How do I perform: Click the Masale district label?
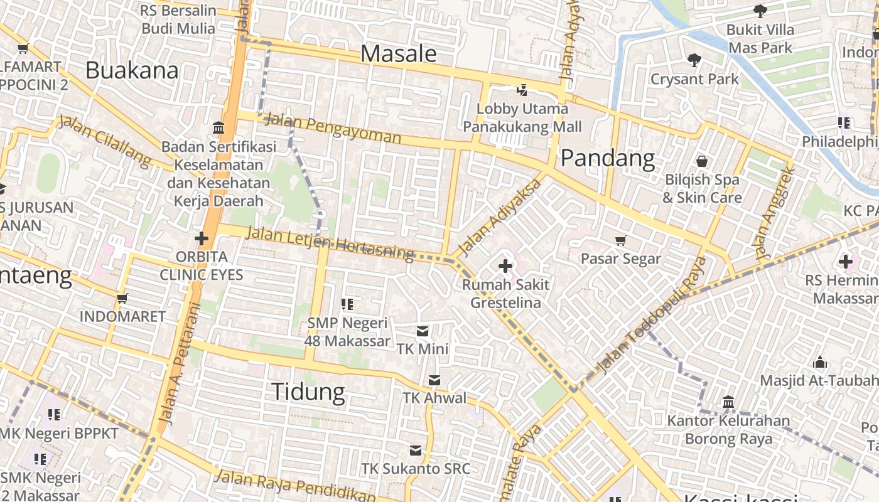(x=399, y=54)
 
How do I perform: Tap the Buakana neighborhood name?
(x=132, y=70)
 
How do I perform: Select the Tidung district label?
(x=308, y=392)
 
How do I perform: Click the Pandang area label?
(x=607, y=158)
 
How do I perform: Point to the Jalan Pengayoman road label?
(x=332, y=127)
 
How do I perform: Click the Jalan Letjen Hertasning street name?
(x=330, y=243)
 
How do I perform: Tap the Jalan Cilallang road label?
(x=105, y=141)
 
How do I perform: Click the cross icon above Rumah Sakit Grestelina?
(x=505, y=266)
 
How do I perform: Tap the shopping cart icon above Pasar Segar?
(x=621, y=240)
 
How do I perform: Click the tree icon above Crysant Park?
(x=694, y=60)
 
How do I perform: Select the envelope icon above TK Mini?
(x=423, y=331)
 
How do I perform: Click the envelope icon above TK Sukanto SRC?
(x=415, y=450)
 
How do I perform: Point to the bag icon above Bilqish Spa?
(x=702, y=162)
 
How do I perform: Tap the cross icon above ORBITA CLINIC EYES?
(x=201, y=238)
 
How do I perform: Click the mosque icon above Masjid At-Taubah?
(x=819, y=362)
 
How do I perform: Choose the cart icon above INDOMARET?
(x=122, y=298)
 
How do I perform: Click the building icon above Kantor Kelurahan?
(x=728, y=402)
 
